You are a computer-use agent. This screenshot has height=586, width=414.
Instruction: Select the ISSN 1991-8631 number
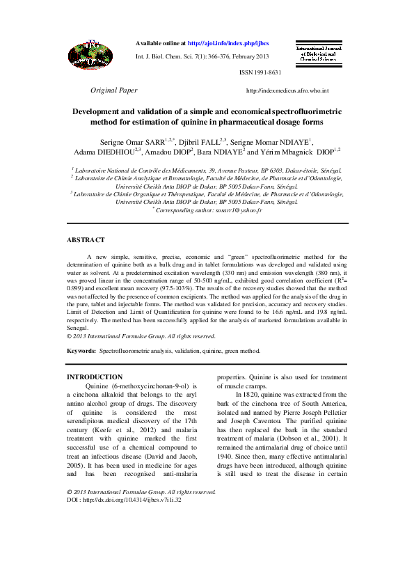tap(260, 72)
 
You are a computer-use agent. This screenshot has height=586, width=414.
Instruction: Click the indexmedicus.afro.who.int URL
tap(287, 91)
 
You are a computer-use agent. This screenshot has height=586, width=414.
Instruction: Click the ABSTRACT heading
tap(86, 240)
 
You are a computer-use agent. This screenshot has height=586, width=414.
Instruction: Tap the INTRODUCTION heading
tap(94, 377)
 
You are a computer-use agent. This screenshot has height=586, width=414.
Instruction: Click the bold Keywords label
tap(81, 351)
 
